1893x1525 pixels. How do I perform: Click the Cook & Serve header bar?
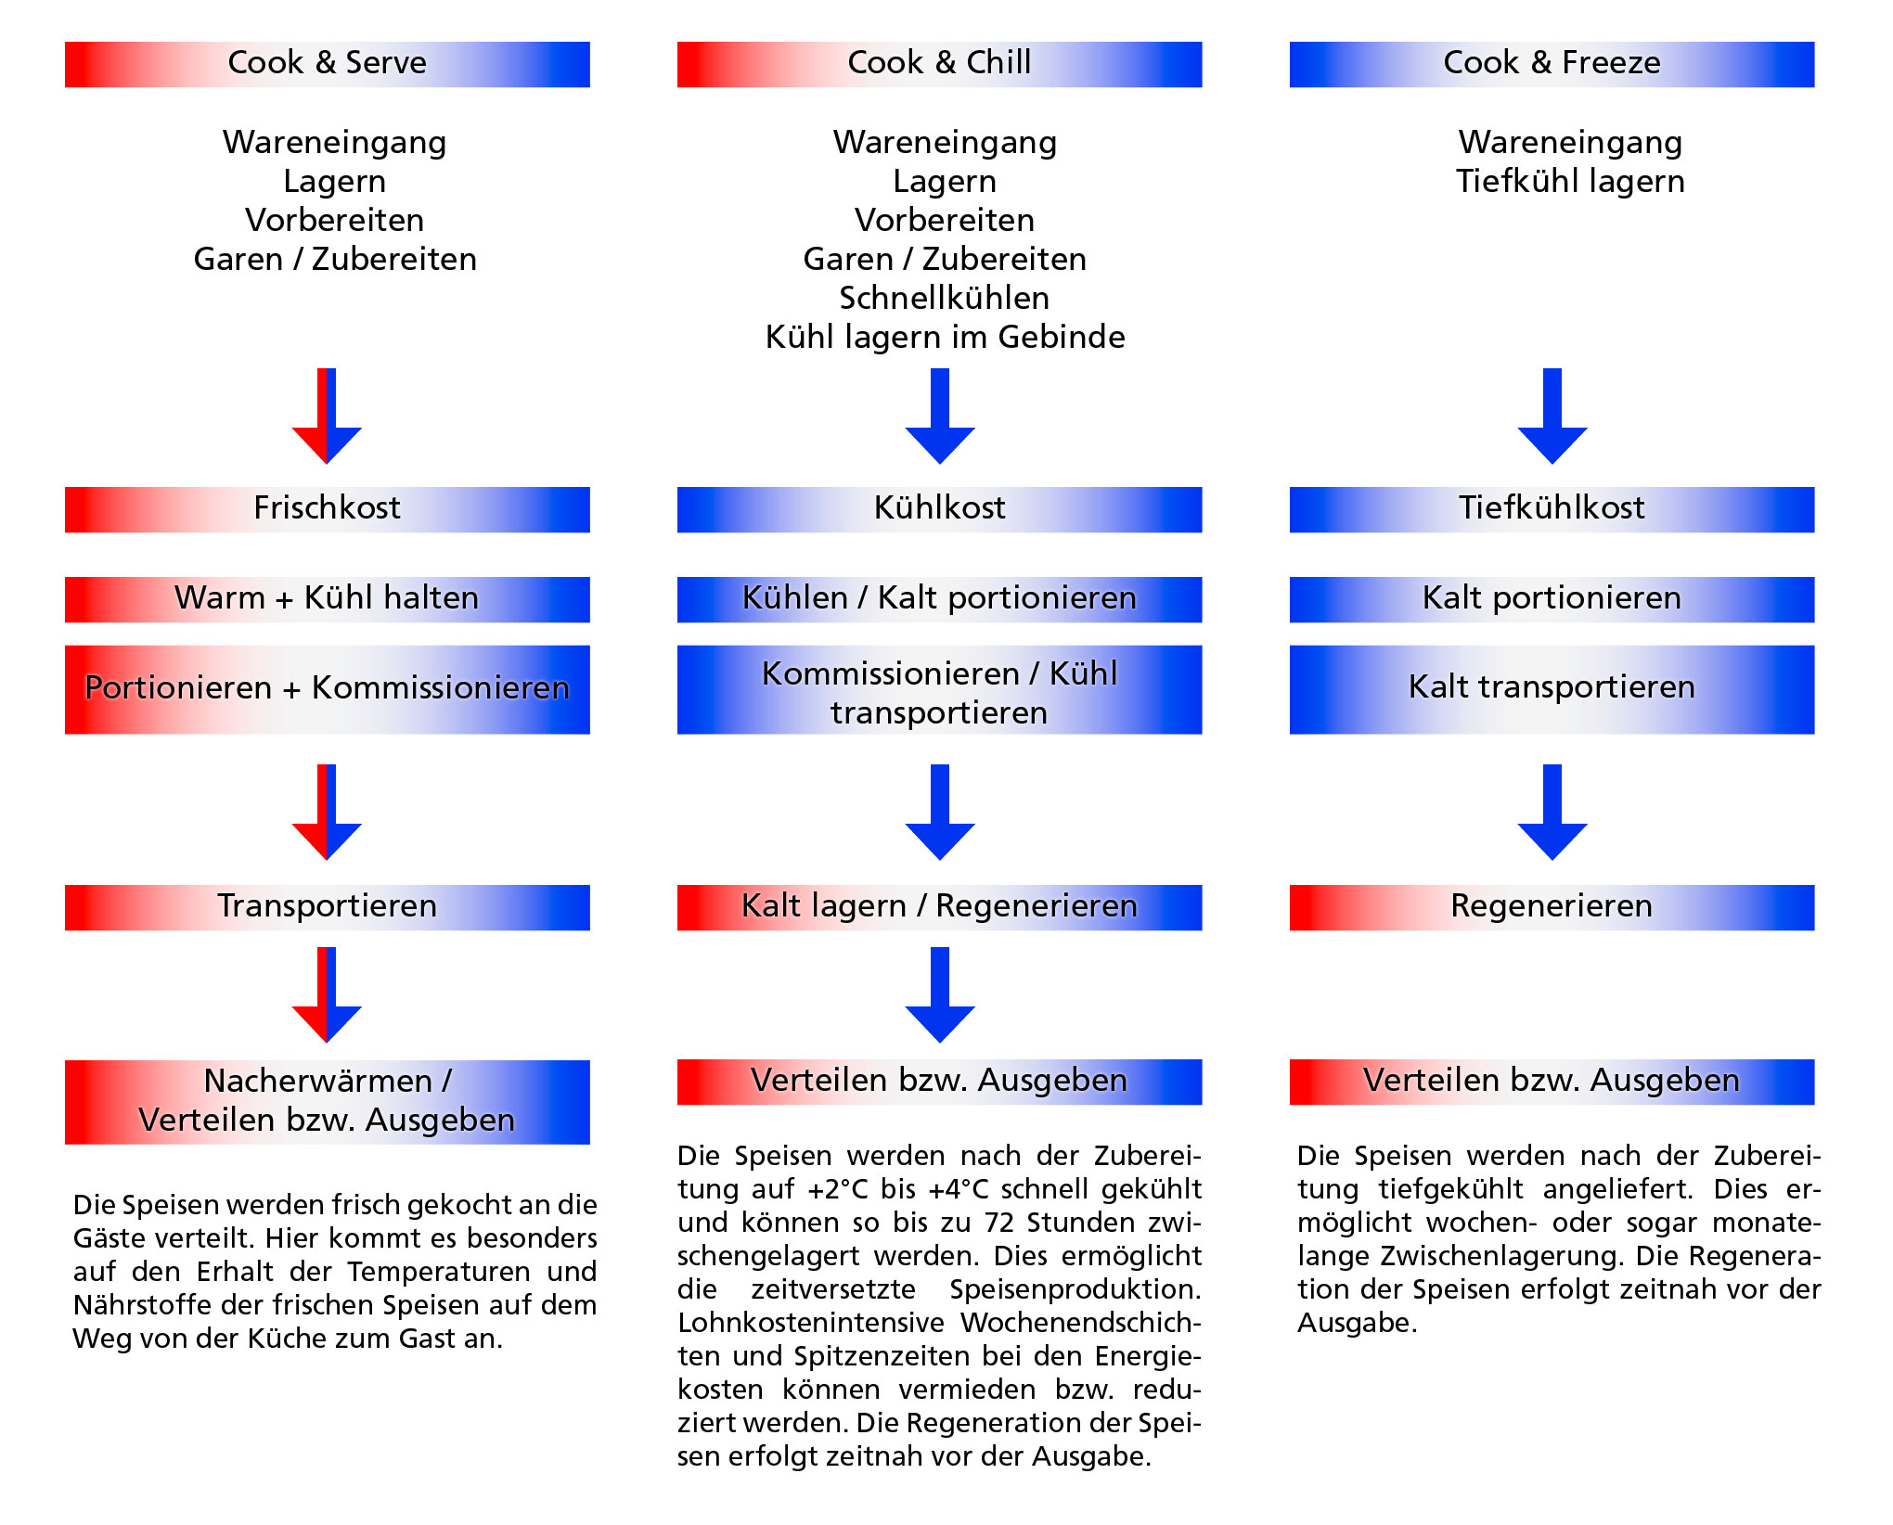click(327, 64)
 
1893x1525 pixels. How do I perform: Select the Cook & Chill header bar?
click(939, 64)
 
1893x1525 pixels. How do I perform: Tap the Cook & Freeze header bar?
click(1552, 64)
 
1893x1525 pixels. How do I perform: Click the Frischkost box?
click(327, 509)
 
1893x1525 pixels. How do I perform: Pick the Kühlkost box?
click(939, 509)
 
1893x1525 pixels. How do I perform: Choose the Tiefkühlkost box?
click(1552, 509)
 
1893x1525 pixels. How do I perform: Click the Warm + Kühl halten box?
click(327, 599)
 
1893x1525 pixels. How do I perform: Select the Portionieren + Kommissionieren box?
click(327, 689)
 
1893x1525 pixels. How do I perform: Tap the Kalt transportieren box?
click(1552, 689)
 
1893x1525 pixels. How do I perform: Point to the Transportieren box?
click(327, 907)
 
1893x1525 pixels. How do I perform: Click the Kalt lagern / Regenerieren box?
click(939, 907)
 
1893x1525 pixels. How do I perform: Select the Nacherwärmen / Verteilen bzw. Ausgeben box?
click(327, 1102)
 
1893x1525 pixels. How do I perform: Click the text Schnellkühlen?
click(945, 299)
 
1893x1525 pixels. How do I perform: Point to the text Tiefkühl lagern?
click(1570, 182)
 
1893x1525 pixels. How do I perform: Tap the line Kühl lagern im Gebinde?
click(945, 338)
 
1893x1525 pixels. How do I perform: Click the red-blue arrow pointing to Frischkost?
click(327, 417)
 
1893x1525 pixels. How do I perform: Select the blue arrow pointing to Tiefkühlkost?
click(1552, 417)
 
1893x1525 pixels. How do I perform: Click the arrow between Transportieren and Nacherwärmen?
click(327, 996)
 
